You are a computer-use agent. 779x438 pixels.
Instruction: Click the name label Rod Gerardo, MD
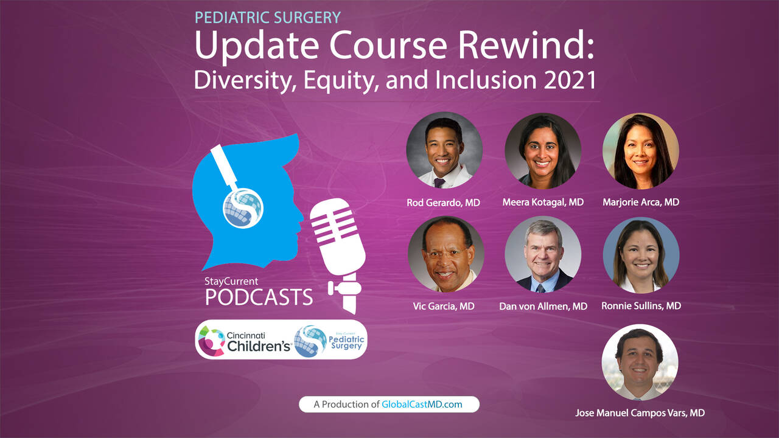click(444, 203)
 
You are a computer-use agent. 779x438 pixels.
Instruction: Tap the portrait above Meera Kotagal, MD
click(543, 151)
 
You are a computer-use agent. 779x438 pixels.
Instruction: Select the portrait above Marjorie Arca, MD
click(641, 151)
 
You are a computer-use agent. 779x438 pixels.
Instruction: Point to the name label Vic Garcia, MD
click(444, 306)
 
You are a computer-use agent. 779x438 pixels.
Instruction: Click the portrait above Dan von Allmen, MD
click(543, 254)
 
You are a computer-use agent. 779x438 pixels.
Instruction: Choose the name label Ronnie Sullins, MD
click(641, 305)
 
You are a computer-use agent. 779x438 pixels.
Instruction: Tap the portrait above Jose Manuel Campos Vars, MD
click(640, 362)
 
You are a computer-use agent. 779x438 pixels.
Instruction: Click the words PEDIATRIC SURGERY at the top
click(267, 18)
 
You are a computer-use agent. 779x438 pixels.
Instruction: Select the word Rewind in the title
click(526, 45)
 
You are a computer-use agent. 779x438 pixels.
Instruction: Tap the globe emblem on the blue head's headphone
click(243, 208)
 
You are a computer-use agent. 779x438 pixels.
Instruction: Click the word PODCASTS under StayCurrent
click(259, 297)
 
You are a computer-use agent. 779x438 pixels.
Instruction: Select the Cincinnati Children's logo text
click(259, 342)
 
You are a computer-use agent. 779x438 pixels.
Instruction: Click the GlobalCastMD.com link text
click(422, 405)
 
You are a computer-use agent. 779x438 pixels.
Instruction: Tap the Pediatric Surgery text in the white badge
click(346, 342)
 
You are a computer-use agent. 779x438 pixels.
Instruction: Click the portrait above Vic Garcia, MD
click(446, 254)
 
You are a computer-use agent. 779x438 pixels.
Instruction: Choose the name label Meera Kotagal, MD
click(543, 202)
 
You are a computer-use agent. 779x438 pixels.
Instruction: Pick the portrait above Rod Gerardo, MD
click(444, 150)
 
